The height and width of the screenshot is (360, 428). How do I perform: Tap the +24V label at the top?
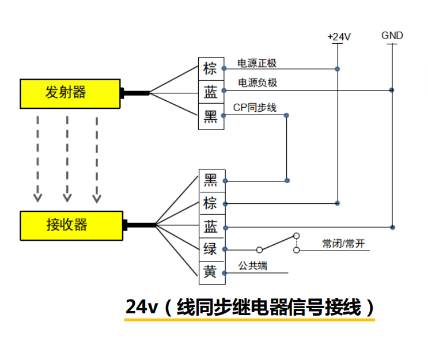(339, 37)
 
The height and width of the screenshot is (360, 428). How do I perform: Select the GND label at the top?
(392, 36)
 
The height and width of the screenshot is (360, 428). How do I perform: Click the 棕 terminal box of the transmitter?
(211, 69)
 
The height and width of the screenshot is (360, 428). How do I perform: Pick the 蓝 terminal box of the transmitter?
(211, 92)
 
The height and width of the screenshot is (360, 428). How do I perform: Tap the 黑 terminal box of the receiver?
(211, 180)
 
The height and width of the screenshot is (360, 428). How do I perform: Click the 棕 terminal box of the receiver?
(211, 203)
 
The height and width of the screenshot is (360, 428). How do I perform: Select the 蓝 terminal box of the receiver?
(211, 227)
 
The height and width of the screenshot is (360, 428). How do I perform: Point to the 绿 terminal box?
(211, 249)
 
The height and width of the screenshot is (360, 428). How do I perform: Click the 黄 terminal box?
(211, 272)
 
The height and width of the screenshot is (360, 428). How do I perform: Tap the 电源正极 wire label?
(257, 63)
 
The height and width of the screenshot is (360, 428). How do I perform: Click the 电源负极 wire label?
(257, 83)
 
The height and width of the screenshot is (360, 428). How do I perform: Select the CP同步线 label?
(255, 108)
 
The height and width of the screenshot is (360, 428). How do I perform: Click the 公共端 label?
(253, 266)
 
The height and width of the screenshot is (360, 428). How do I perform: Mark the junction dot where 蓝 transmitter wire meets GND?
(392, 90)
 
